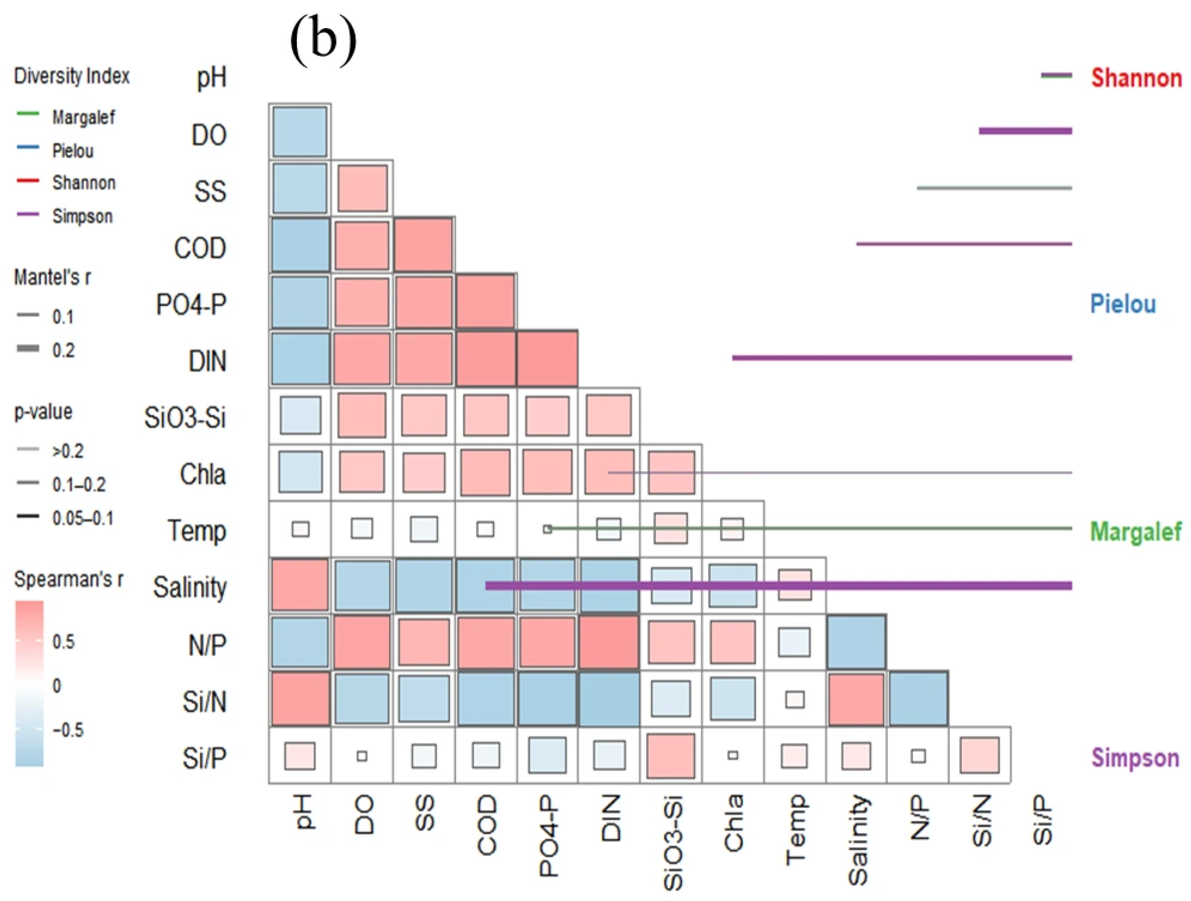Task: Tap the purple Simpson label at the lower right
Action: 1135,758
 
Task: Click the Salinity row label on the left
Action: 190,587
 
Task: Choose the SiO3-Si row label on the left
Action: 185,418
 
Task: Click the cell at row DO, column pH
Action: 300,131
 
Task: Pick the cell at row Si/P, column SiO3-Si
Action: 670,755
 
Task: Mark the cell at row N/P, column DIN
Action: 609,642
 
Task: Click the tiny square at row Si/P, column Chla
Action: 733,755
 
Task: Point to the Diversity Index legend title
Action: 72,76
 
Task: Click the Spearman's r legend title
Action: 68,579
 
